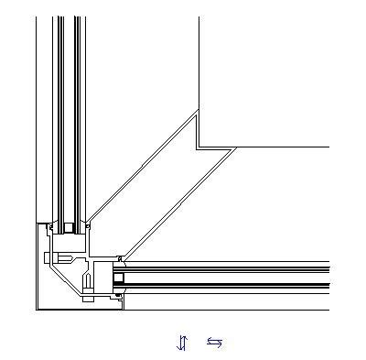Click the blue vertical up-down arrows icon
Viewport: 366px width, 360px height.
point(182,343)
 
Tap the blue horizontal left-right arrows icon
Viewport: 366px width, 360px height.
point(214,343)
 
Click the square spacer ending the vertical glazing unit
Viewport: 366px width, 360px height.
point(70,225)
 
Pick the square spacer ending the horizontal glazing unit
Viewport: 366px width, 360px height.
point(119,277)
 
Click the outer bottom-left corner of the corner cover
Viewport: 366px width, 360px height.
point(38,309)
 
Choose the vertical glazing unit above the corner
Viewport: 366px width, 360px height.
point(70,110)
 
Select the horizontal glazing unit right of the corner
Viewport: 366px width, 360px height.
point(229,277)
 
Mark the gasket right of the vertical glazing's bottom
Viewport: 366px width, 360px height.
point(86,224)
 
